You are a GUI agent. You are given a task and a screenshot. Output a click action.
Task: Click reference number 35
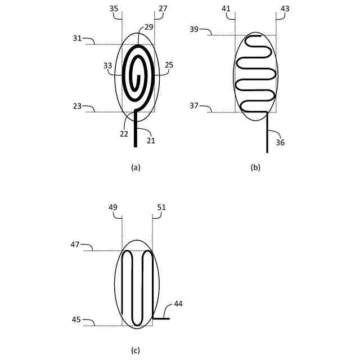tap(114, 9)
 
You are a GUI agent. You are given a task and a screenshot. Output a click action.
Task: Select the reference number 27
tap(163, 9)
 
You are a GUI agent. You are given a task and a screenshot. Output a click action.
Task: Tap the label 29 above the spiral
tap(148, 26)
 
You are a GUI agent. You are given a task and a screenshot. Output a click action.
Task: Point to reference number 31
tap(78, 38)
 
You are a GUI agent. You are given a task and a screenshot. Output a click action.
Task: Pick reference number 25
tap(169, 65)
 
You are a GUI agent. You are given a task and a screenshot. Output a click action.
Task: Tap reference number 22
tap(124, 134)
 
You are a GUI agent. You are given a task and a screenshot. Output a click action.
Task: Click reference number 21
tap(151, 140)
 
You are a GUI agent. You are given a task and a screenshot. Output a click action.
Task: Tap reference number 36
tap(280, 142)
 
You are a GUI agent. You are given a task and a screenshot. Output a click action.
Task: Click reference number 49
tap(114, 208)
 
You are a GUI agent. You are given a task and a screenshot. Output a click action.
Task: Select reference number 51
tap(161, 208)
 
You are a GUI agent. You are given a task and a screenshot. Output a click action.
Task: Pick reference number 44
tap(178, 304)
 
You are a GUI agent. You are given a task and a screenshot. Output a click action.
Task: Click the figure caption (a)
tap(135, 167)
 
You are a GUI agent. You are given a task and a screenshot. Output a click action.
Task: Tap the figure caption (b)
tap(256, 167)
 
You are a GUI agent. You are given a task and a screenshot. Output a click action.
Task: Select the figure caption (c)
tap(135, 350)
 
